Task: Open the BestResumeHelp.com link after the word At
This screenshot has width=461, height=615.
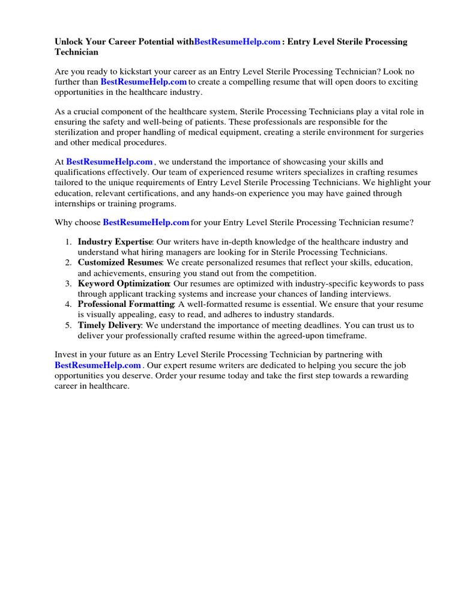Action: [x=109, y=162]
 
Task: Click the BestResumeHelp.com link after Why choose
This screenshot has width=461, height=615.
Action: [x=146, y=223]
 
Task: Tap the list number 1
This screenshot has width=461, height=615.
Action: [x=68, y=242]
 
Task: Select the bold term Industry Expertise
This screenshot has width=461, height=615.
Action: [x=115, y=242]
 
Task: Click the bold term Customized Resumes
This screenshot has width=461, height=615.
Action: [x=120, y=263]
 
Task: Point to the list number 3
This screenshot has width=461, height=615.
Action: [x=68, y=283]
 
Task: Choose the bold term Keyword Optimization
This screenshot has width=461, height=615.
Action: [x=124, y=283]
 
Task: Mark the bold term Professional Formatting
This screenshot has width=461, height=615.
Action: [x=125, y=304]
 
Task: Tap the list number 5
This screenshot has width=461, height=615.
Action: [x=68, y=326]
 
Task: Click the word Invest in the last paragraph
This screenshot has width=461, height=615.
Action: [x=67, y=355]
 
